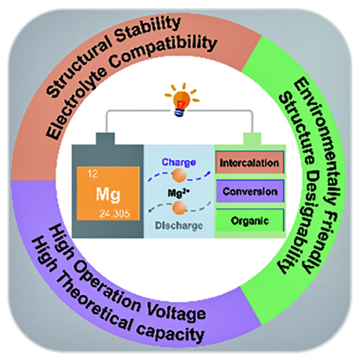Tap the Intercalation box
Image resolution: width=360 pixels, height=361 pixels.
[249, 162]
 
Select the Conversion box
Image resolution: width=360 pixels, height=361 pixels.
[250, 191]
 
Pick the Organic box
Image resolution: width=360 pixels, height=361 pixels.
[250, 220]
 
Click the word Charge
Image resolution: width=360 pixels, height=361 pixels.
[179, 162]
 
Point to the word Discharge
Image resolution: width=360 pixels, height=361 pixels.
[179, 226]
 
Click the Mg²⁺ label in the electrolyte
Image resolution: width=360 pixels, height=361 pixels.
[178, 193]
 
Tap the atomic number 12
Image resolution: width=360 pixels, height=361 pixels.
[92, 174]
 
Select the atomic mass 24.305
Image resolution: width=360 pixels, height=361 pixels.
[115, 214]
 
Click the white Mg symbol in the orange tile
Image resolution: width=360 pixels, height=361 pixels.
[108, 194]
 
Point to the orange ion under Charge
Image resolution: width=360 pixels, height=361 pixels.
[179, 175]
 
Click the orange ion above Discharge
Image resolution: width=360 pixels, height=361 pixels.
[179, 207]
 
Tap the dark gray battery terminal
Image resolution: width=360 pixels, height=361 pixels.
[105, 139]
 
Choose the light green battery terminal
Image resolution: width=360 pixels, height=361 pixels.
[252, 139]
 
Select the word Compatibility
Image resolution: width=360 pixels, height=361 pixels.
[165, 52]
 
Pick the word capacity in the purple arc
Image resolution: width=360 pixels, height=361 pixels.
[170, 332]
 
